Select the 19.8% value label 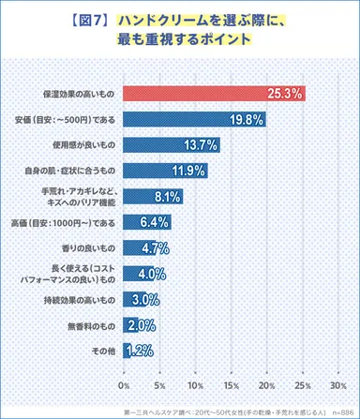pos(246,120)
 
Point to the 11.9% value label pos(188,171)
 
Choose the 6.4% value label pos(153,222)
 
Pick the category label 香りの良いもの pos(85,248)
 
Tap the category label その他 pos(102,351)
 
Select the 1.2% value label pos(139,351)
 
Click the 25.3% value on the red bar pos(284,94)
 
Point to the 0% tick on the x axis pos(124,385)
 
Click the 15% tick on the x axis pos(232,385)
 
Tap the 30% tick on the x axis pos(338,385)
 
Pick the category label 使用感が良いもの pos(82,145)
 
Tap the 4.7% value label pos(153,248)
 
